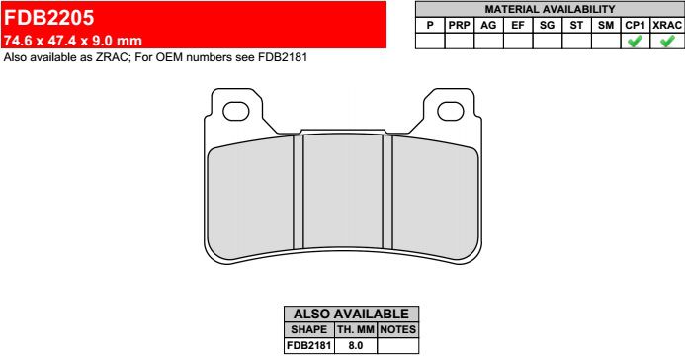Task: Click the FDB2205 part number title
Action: (49, 18)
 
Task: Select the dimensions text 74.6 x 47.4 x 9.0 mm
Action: (73, 41)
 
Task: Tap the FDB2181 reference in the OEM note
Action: (283, 57)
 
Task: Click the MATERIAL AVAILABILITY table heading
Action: (550, 9)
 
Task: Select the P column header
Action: (430, 26)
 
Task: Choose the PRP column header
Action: (460, 26)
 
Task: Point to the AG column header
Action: (488, 26)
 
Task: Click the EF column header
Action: (518, 26)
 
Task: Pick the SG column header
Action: (547, 26)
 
